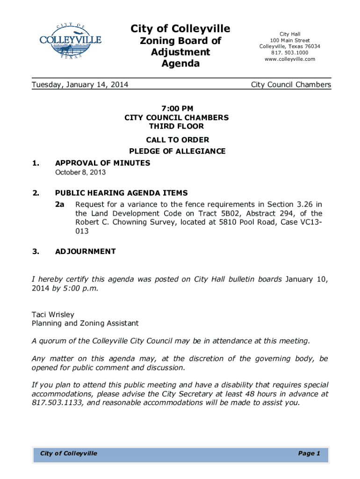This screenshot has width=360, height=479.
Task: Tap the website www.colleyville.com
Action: point(290,59)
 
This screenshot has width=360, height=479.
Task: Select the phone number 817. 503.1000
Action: point(290,53)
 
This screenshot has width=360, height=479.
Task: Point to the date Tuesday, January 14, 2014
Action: point(80,85)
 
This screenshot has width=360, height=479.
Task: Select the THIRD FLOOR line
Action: point(177,126)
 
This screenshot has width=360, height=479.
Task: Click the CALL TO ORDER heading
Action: point(177,140)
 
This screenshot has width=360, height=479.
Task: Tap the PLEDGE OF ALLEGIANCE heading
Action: point(177,151)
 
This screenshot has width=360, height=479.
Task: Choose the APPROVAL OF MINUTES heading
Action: point(103,163)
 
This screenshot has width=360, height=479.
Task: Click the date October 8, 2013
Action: point(80,173)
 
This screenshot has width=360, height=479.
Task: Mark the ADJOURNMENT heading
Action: point(86,251)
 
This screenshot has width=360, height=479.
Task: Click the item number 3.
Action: point(36,251)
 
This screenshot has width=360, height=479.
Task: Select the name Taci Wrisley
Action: point(53,314)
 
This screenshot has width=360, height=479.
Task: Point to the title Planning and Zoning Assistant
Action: point(85,323)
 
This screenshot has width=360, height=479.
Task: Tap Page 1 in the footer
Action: point(309,453)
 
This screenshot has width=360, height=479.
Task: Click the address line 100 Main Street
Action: point(290,41)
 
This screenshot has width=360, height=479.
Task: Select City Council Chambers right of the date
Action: point(291,85)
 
